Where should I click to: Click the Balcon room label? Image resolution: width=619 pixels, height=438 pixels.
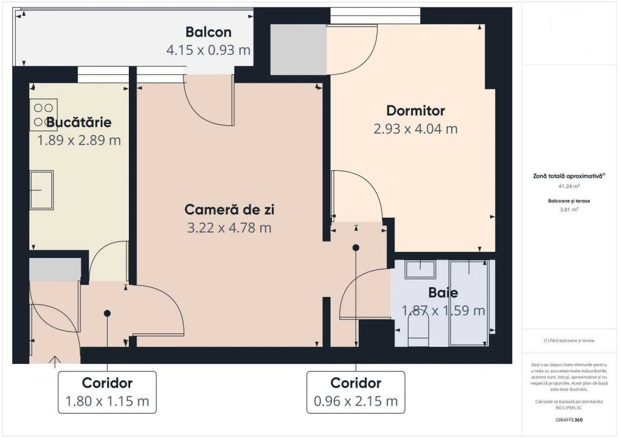pyautogui.click(x=209, y=32)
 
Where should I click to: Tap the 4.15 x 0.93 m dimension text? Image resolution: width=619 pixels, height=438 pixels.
pyautogui.click(x=209, y=50)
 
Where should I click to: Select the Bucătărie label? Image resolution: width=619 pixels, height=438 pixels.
pyautogui.click(x=79, y=122)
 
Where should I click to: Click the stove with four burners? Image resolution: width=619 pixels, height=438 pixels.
pyautogui.click(x=43, y=115)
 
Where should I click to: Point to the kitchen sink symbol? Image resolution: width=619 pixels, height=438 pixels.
pyautogui.click(x=41, y=190)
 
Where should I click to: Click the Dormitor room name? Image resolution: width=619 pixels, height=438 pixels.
pyautogui.click(x=415, y=111)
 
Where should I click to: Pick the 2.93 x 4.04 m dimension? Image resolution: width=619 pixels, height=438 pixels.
pyautogui.click(x=415, y=128)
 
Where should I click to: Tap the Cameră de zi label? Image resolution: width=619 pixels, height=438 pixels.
pyautogui.click(x=229, y=210)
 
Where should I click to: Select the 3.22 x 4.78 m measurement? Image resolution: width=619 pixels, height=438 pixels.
pyautogui.click(x=229, y=228)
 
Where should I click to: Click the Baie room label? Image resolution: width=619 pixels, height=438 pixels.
pyautogui.click(x=443, y=293)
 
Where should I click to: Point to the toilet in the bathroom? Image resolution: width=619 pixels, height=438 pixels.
pyautogui.click(x=418, y=332)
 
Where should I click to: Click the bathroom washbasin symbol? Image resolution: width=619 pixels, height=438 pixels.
pyautogui.click(x=420, y=269)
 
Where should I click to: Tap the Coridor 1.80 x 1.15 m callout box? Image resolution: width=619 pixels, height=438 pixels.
pyautogui.click(x=107, y=392)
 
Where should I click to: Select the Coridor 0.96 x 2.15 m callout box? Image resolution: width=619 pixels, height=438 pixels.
pyautogui.click(x=356, y=392)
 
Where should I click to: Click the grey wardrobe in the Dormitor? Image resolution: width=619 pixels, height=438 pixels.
pyautogui.click(x=298, y=49)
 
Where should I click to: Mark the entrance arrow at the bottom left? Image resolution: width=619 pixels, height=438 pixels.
pyautogui.click(x=55, y=362)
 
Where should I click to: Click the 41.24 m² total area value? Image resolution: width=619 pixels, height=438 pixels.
pyautogui.click(x=569, y=186)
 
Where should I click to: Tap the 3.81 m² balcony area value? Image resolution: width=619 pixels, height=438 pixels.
pyautogui.click(x=569, y=209)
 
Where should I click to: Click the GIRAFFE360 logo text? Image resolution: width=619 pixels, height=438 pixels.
pyautogui.click(x=569, y=420)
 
